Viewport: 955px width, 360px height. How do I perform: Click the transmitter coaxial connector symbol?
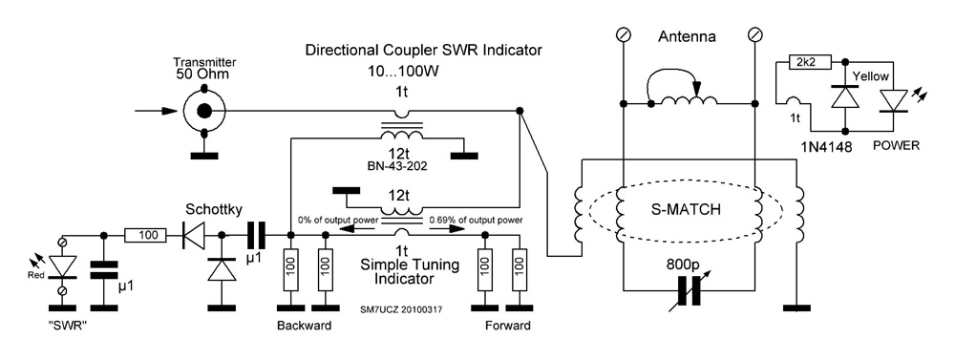click(204, 110)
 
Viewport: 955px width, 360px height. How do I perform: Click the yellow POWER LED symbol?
click(894, 99)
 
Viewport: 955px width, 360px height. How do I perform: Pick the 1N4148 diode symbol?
click(845, 96)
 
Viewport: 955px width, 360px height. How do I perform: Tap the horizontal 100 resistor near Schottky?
click(145, 235)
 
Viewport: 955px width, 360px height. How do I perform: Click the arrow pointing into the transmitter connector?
click(157, 111)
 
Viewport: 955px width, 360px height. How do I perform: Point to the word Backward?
click(304, 326)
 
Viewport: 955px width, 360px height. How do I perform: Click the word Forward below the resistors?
click(507, 326)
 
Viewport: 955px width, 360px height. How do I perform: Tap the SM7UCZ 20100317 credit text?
click(401, 309)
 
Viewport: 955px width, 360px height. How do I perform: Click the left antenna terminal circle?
click(623, 34)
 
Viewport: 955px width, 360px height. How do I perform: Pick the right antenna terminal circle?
click(755, 34)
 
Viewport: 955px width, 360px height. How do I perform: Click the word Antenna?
click(687, 36)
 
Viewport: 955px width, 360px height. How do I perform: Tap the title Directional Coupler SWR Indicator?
click(423, 50)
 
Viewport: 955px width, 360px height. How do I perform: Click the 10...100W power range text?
click(403, 72)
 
